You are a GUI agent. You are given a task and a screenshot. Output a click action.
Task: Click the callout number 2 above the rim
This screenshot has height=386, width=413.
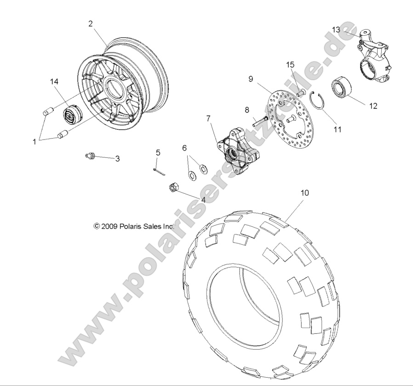pyautogui.click(x=91, y=24)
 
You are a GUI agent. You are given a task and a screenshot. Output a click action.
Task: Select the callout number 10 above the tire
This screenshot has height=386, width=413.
pyautogui.click(x=292, y=193)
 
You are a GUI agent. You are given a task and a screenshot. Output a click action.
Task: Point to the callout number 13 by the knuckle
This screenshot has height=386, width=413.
pyautogui.click(x=336, y=30)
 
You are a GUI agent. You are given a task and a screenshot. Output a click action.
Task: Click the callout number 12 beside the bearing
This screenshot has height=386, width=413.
pyautogui.click(x=373, y=106)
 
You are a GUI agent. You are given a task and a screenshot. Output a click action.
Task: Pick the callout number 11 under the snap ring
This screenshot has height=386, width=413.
pyautogui.click(x=338, y=129)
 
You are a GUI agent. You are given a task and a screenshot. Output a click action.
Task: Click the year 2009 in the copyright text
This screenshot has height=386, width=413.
pyautogui.click(x=110, y=226)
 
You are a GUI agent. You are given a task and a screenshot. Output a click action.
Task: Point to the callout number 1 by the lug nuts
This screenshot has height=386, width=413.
pyautogui.click(x=34, y=142)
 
